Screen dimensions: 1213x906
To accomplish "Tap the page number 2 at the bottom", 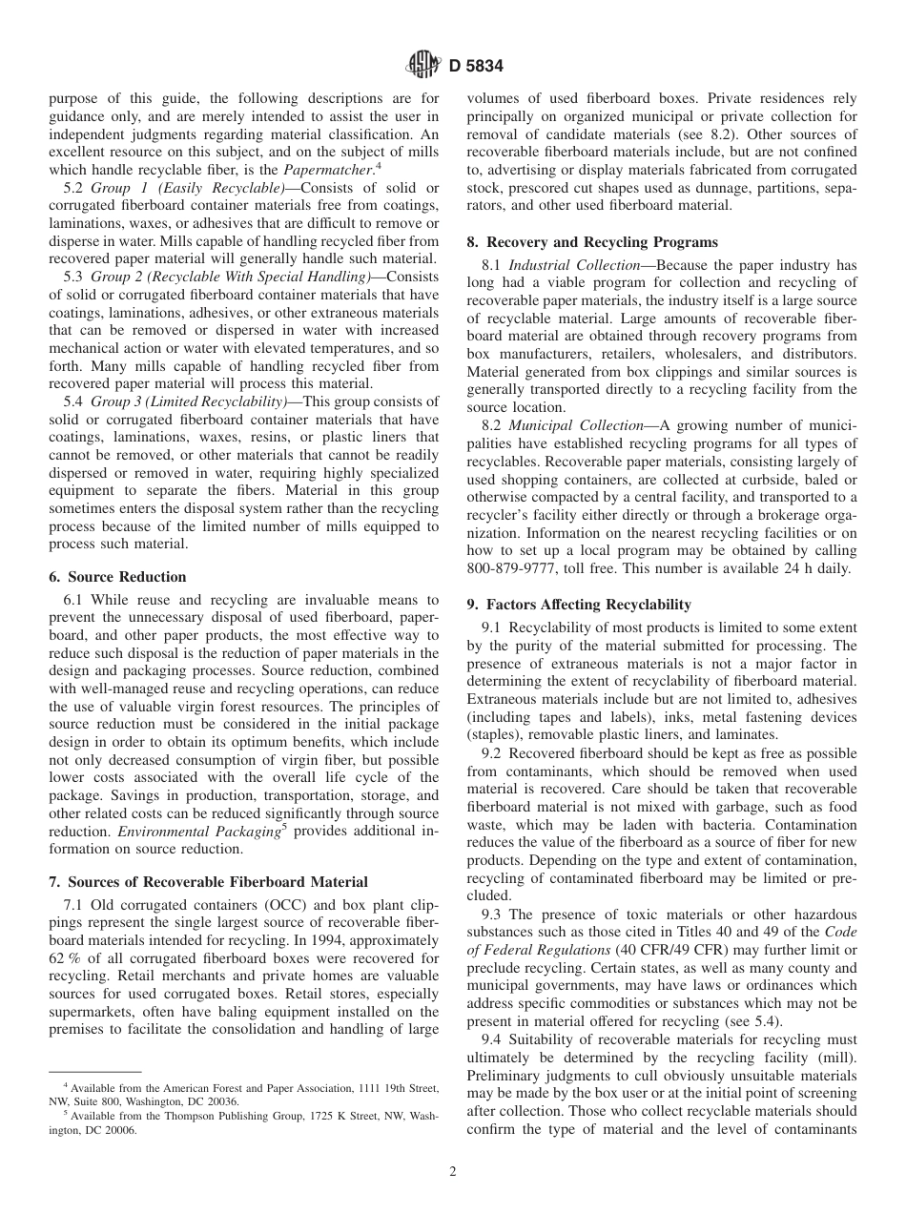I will point(453,1172).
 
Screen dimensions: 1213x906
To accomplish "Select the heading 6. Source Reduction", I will point(117,577).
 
